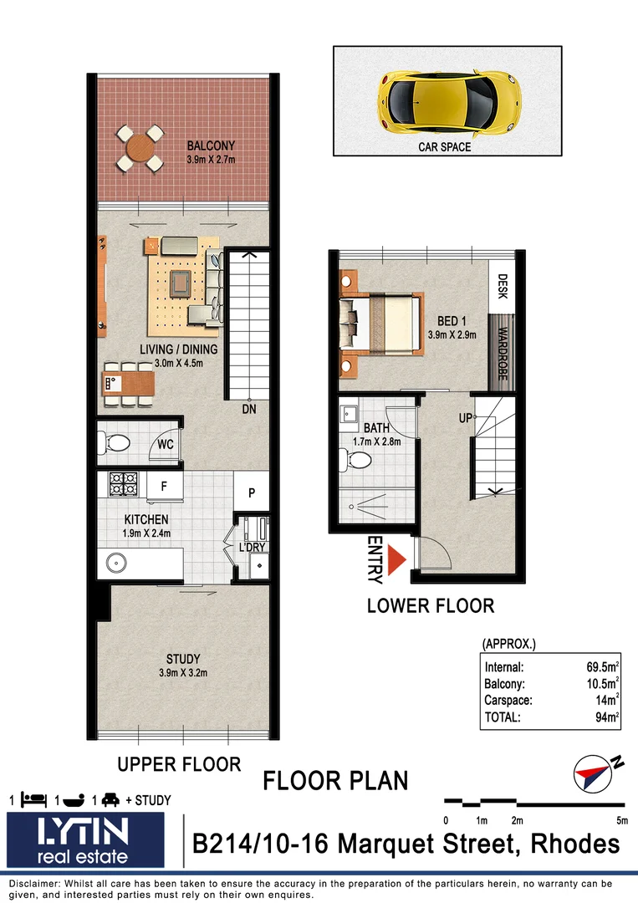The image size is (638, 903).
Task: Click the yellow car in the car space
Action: point(450,101)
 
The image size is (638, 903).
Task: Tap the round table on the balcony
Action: point(140,148)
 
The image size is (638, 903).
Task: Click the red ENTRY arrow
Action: point(397,559)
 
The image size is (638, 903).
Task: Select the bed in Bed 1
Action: point(380,322)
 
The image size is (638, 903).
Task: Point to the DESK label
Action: point(502,288)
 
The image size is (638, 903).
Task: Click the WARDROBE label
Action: point(501,351)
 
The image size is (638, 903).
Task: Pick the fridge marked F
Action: point(164,485)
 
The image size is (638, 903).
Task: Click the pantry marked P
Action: point(251,493)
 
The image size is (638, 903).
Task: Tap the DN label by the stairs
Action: point(248,409)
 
